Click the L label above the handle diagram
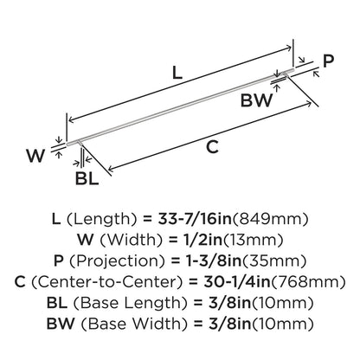tap(177, 73)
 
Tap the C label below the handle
tap(212, 147)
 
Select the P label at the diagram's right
tap(328, 61)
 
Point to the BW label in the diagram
tap(256, 100)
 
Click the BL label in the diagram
tap(87, 178)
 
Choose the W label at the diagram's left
tap(35, 156)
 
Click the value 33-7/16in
tap(195, 219)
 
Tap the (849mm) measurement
tap(270, 219)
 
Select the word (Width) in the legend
tap(131, 240)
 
